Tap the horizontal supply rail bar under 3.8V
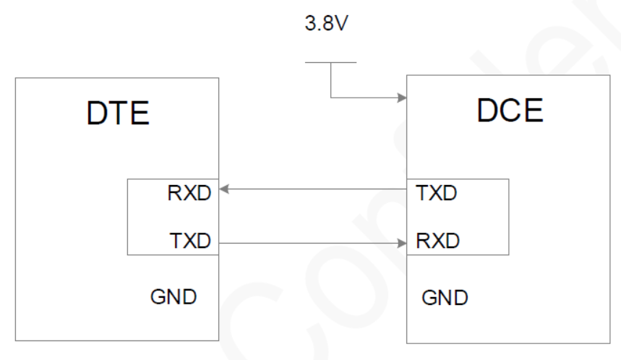coord(330,62)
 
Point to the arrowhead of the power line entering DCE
coord(401,96)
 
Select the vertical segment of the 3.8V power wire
coord(331,80)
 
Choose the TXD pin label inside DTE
coord(189,241)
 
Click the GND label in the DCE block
coord(445,298)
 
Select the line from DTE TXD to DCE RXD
coord(311,243)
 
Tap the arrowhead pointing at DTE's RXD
coord(224,189)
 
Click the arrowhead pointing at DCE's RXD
coord(402,243)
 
